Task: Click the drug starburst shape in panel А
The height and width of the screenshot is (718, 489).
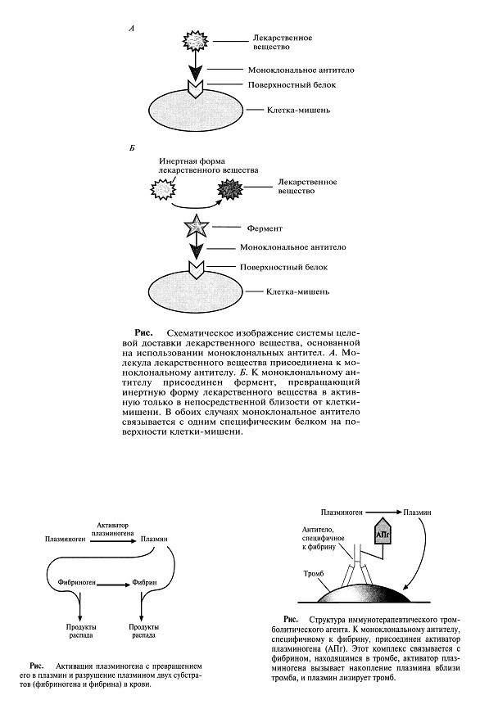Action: (x=196, y=41)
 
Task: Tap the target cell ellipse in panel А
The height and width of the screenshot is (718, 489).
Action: (x=196, y=111)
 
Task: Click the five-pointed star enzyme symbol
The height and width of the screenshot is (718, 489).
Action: (x=196, y=227)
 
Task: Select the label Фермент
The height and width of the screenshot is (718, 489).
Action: (x=265, y=228)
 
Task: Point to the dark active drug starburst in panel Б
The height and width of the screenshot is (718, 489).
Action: (x=229, y=189)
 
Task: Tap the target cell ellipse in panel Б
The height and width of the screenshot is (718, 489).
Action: (x=196, y=293)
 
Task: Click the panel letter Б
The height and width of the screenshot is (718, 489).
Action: (x=132, y=148)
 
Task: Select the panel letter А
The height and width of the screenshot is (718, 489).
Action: (x=132, y=29)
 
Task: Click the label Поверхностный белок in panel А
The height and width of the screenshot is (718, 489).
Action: (x=292, y=84)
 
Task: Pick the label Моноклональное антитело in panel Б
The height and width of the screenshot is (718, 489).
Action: (x=293, y=247)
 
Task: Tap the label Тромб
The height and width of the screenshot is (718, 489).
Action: (x=314, y=574)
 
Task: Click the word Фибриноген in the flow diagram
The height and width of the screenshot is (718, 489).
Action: (x=76, y=582)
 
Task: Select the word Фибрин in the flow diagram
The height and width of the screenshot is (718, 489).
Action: (x=144, y=582)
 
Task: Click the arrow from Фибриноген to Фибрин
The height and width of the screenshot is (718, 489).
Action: (x=113, y=585)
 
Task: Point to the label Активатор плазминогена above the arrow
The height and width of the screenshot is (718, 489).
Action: (x=113, y=529)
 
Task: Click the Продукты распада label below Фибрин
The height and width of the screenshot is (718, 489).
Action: (x=144, y=631)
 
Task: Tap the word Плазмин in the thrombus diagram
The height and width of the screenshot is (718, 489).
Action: (x=417, y=513)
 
